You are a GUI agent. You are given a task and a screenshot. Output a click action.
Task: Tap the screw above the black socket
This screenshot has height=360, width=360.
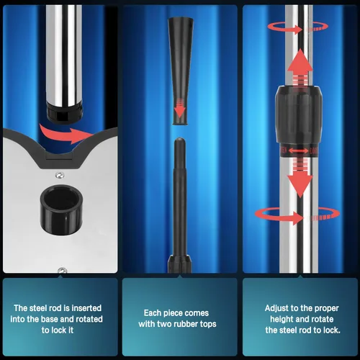[59, 175]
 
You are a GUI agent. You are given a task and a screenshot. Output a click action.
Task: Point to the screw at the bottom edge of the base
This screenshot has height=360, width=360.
[63, 271]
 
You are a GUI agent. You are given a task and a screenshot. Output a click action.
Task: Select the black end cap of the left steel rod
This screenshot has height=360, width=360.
[64, 112]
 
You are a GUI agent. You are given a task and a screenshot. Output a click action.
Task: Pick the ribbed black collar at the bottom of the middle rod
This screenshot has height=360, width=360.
[179, 264]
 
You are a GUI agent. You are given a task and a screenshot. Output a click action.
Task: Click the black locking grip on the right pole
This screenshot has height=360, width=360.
[298, 114]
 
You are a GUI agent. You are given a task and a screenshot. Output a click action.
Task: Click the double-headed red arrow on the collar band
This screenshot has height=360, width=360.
[298, 150]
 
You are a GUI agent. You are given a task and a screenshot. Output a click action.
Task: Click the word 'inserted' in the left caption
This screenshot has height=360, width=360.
[86, 308]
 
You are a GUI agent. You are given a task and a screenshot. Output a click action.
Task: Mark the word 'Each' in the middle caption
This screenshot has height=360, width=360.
[152, 313]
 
